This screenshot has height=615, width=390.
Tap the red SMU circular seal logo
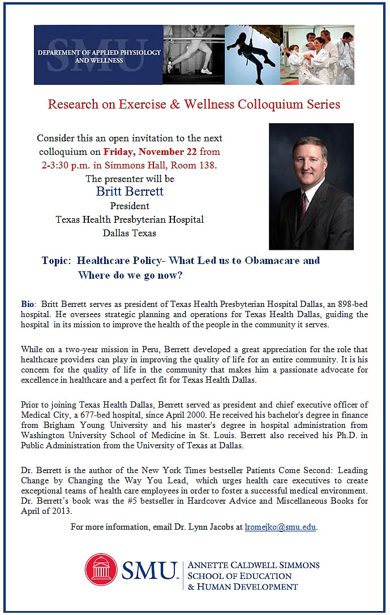click(101, 569)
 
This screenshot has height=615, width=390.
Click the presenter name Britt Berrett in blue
click(130, 192)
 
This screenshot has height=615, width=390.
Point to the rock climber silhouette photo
click(252, 55)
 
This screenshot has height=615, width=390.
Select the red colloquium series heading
click(194, 105)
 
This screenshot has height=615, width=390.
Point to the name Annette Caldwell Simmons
click(253, 565)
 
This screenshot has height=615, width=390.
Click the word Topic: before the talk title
click(56, 261)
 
